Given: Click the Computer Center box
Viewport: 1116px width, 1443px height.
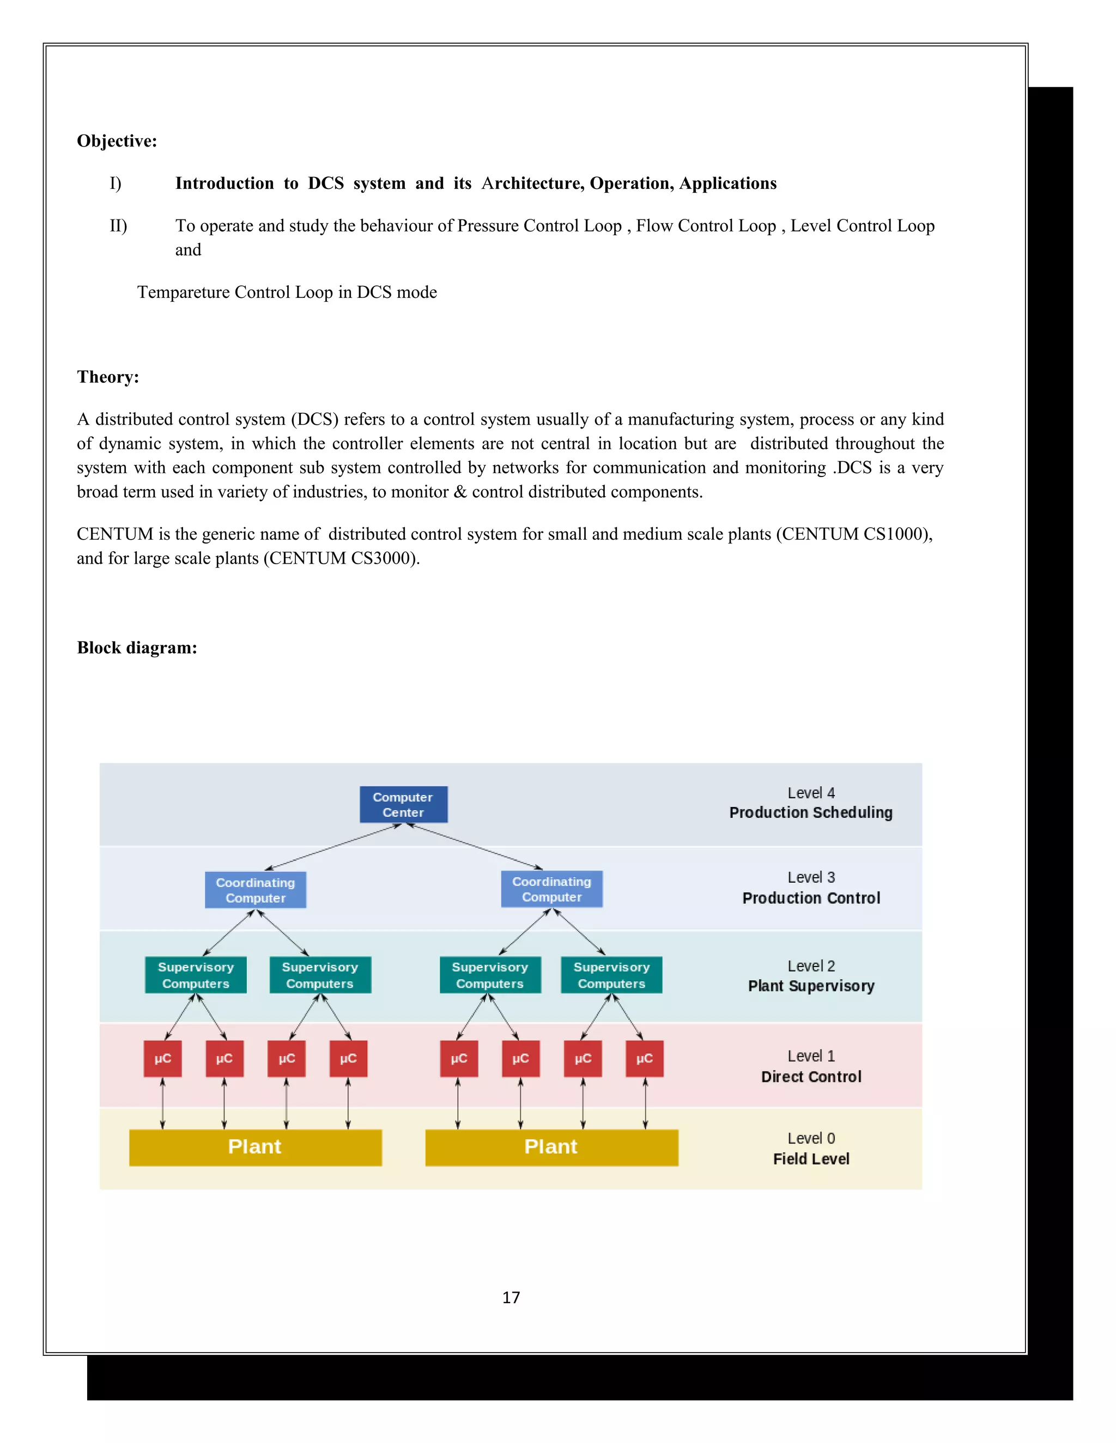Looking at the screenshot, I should point(403,804).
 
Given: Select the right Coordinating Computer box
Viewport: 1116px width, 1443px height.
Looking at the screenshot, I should point(551,889).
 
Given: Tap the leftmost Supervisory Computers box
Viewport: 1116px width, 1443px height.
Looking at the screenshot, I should point(196,975).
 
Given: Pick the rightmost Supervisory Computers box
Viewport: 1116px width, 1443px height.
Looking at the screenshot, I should point(611,975).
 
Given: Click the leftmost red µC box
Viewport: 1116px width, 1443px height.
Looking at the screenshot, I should point(162,1059).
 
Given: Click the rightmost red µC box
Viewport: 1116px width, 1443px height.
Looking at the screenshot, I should point(644,1059).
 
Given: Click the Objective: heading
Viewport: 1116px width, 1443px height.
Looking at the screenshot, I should point(117,140).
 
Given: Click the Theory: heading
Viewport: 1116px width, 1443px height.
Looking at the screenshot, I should point(108,377).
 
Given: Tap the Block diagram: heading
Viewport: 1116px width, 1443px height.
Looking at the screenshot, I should point(137,647).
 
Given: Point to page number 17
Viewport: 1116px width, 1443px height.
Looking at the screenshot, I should point(511,1298).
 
